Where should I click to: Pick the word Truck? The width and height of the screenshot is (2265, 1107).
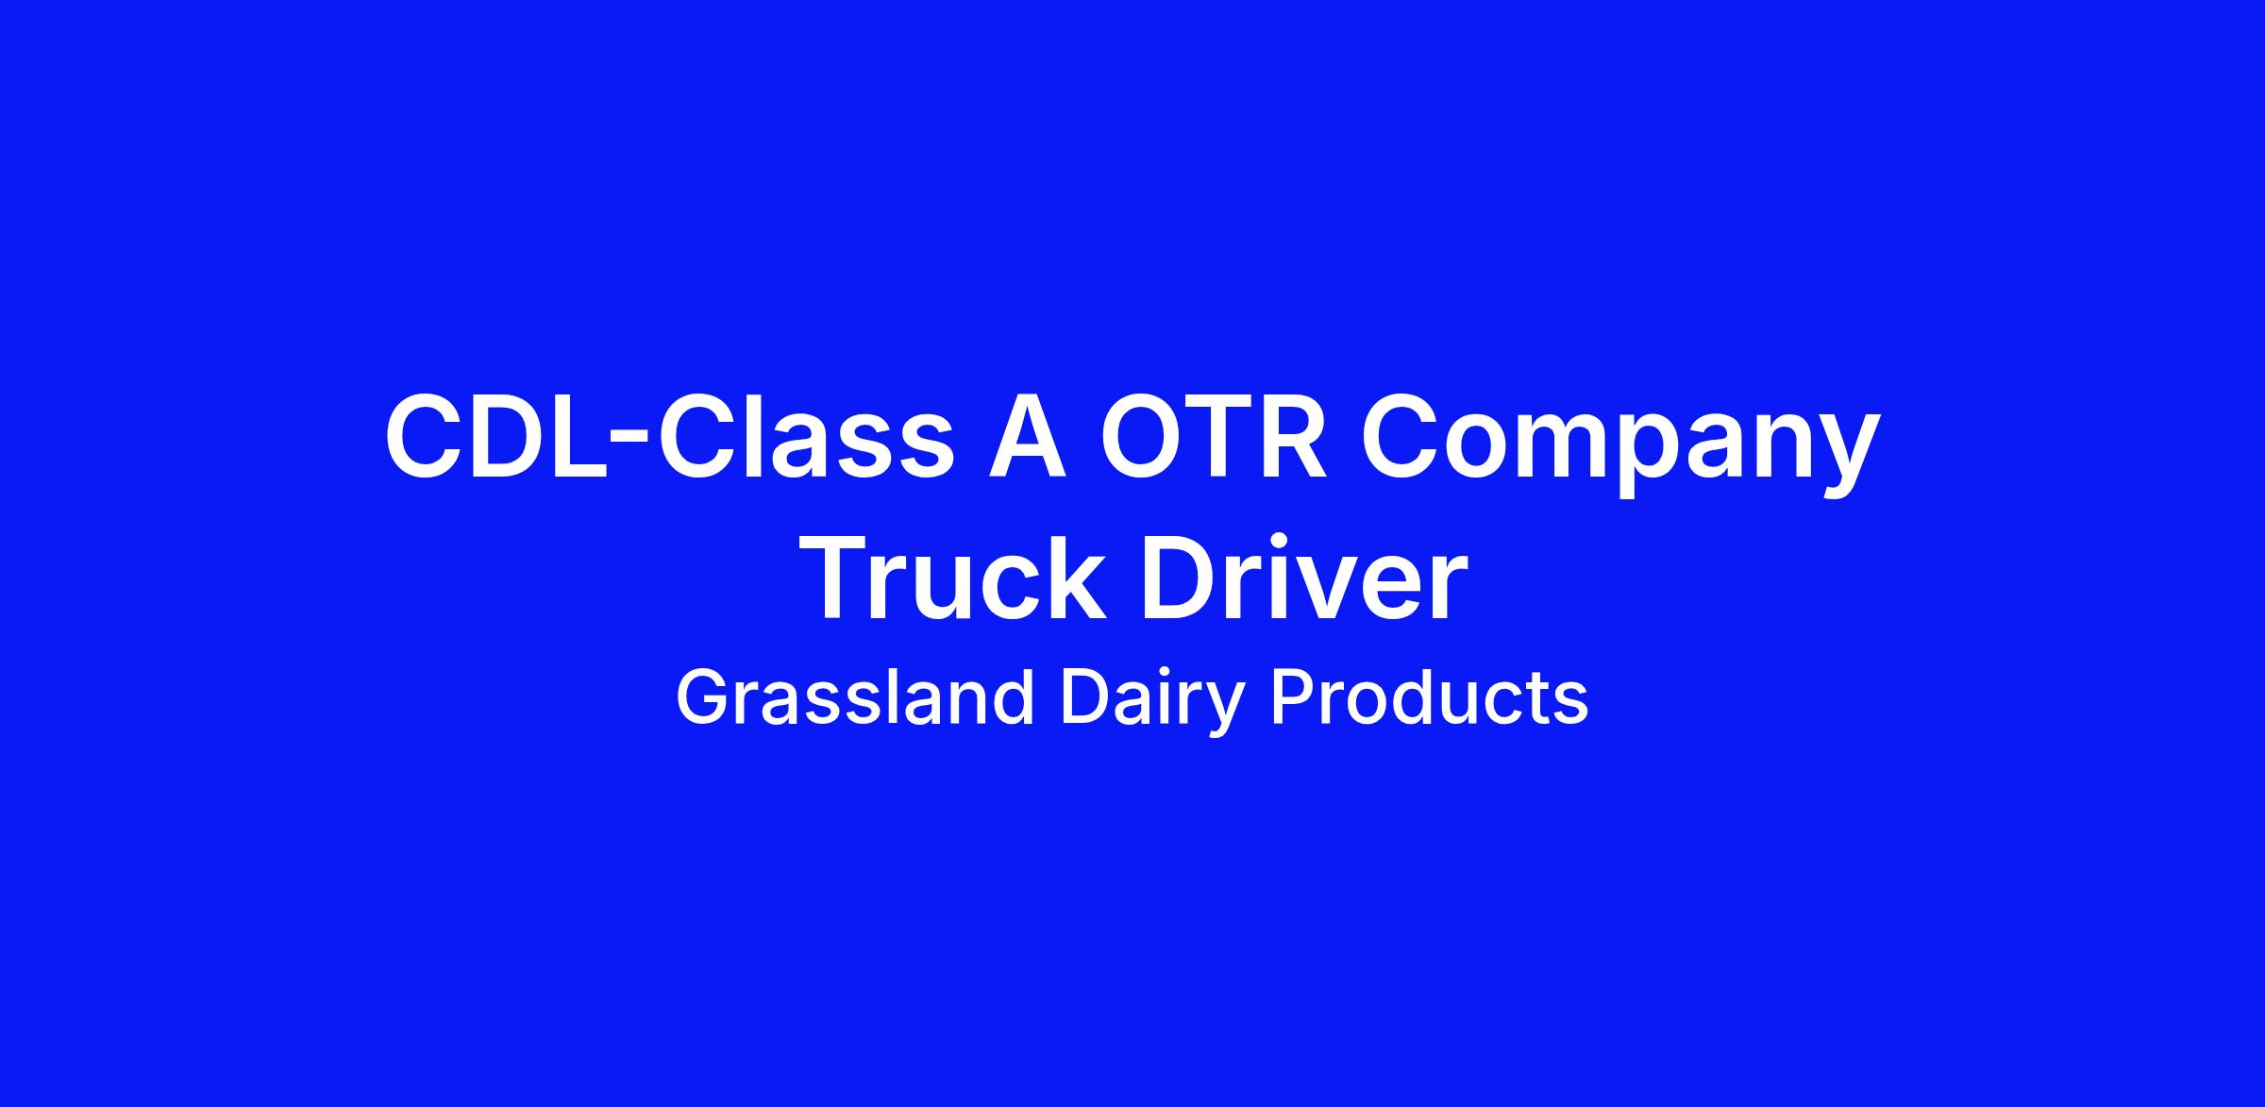point(955,577)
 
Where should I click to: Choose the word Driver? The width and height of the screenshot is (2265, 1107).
point(1303,577)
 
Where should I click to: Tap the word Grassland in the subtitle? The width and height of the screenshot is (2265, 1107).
point(855,698)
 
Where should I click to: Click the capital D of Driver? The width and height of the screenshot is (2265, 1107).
point(1178,579)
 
